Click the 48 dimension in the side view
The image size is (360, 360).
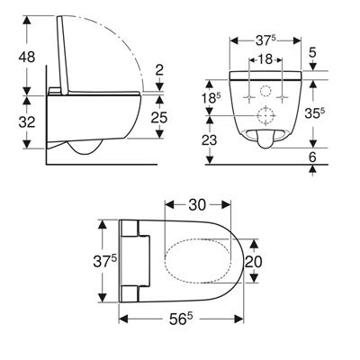coord(27,57)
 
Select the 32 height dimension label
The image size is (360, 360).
coord(27,122)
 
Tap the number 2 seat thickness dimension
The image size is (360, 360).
coord(160,70)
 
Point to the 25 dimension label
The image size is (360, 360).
coord(159,118)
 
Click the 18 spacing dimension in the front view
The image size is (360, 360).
coord(265,59)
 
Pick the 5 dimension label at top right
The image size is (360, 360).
coord(312,53)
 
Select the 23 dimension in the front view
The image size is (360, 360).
coord(209,139)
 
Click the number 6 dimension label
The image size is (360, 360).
coord(312,157)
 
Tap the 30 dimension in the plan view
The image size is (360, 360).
coord(197,205)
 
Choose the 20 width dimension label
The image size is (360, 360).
coord(254,262)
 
